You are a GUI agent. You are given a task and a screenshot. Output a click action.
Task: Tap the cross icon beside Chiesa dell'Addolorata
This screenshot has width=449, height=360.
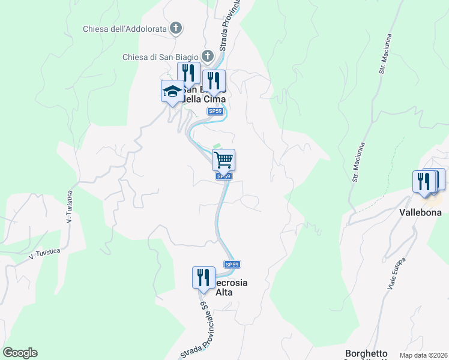point(176,28)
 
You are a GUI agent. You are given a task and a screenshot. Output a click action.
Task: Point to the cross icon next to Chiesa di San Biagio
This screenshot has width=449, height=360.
point(208,56)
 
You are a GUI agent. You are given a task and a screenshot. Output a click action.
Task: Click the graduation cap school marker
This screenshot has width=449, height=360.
point(172,92)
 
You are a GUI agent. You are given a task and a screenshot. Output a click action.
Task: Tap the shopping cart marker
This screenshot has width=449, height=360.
point(223,160)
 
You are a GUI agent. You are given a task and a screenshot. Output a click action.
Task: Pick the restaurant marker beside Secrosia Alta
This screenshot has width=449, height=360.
point(203,277)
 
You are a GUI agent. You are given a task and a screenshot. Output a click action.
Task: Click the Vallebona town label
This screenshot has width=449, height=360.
point(420,212)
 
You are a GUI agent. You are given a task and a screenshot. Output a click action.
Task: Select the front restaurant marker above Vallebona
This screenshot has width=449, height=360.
point(424,181)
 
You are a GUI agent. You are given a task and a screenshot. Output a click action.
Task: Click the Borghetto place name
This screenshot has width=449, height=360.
point(366,353)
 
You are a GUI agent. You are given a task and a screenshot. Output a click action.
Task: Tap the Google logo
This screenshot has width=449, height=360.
point(20,353)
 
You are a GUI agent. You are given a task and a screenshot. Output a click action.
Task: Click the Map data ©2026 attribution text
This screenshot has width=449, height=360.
point(423,355)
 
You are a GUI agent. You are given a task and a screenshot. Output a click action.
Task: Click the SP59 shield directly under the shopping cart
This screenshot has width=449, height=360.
point(223,176)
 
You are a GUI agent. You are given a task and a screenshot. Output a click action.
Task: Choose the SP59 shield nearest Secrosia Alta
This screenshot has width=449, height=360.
point(232,264)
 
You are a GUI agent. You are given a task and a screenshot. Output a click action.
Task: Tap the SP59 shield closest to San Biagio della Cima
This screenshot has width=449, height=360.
point(215,111)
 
